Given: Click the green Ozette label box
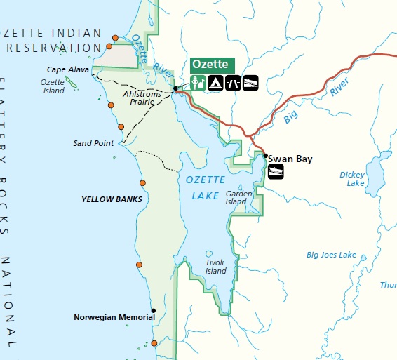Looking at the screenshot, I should coord(213,65).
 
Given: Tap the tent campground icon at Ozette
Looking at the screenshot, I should coord(215,83).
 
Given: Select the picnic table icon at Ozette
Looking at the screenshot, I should coord(233,83).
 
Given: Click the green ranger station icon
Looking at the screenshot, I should coord(198,83).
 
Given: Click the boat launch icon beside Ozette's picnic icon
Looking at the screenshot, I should coord(250,83).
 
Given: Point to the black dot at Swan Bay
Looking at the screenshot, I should coord(265,155).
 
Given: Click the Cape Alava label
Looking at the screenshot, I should coord(67,69).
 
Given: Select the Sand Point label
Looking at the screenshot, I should coord(93,143).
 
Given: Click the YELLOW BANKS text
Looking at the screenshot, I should coord(112,199).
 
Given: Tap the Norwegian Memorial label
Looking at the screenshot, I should coord(114,317).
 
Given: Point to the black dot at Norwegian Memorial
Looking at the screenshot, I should coord(154,310).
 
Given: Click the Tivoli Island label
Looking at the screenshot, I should coord(216,267).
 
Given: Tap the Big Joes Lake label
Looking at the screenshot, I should coord(331,255).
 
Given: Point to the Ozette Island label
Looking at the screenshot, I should coord(53,86).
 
